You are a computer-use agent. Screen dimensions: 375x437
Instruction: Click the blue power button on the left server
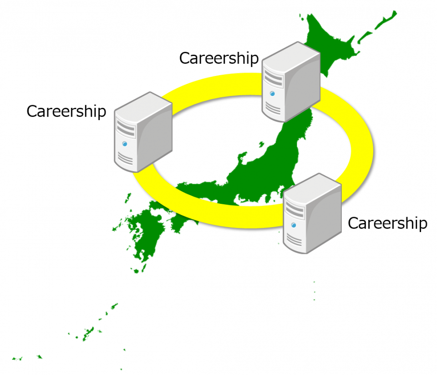[125, 144]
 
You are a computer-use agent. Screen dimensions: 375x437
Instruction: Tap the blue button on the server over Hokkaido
[272, 94]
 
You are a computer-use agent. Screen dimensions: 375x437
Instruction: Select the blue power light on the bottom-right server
[294, 225]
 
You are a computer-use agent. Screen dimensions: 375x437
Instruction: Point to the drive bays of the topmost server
[273, 78]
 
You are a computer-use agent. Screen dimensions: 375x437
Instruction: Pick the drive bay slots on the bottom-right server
[295, 209]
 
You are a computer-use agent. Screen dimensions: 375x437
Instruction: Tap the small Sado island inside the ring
[262, 144]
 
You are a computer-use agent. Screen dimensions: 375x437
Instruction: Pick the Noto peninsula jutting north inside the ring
[241, 159]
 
